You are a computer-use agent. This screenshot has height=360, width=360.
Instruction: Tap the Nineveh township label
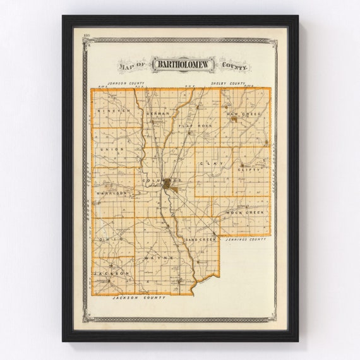(114, 111)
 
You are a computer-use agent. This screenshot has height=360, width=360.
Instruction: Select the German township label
(157, 113)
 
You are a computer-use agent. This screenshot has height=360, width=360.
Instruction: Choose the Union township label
(112, 150)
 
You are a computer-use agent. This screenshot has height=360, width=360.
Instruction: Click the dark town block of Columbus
(169, 184)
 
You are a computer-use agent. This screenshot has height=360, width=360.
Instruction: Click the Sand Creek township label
(201, 240)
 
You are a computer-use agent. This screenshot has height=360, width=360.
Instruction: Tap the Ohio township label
(105, 240)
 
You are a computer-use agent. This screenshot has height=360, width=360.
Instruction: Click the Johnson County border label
(126, 83)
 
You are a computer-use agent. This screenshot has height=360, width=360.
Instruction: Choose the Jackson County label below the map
(138, 296)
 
